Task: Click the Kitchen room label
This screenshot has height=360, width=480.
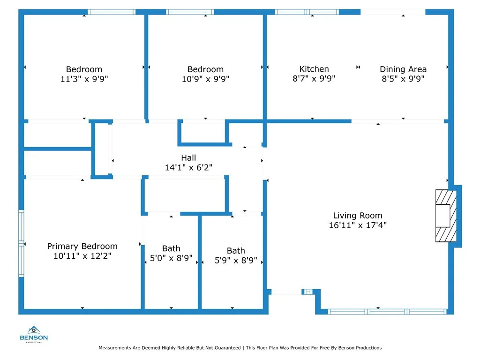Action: pyautogui.click(x=314, y=69)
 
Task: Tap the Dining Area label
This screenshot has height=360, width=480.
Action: pyautogui.click(x=403, y=69)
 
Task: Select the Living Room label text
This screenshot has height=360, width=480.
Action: pyautogui.click(x=358, y=216)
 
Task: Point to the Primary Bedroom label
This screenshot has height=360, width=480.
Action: pyautogui.click(x=82, y=246)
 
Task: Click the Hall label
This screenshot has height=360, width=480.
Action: pyautogui.click(x=188, y=158)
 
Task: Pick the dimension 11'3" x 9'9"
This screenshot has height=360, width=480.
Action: pyautogui.click(x=84, y=79)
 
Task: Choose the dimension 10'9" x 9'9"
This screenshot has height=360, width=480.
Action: pyautogui.click(x=206, y=79)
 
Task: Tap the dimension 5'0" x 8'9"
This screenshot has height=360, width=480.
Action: pyautogui.click(x=171, y=258)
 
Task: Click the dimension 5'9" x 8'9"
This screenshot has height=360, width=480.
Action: pyautogui.click(x=236, y=260)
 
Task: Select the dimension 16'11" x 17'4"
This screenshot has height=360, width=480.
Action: pyautogui.click(x=358, y=225)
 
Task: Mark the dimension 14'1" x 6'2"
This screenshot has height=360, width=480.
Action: pyautogui.click(x=188, y=167)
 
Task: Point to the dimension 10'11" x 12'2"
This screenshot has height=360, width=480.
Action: pyautogui.click(x=82, y=256)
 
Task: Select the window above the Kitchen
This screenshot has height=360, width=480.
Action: pyautogui.click(x=307, y=12)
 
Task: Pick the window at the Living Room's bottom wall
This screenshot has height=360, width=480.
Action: pyautogui.click(x=387, y=311)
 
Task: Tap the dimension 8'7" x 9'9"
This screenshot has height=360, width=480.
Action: pyautogui.click(x=314, y=79)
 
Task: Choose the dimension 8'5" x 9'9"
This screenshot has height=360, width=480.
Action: pyautogui.click(x=403, y=79)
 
